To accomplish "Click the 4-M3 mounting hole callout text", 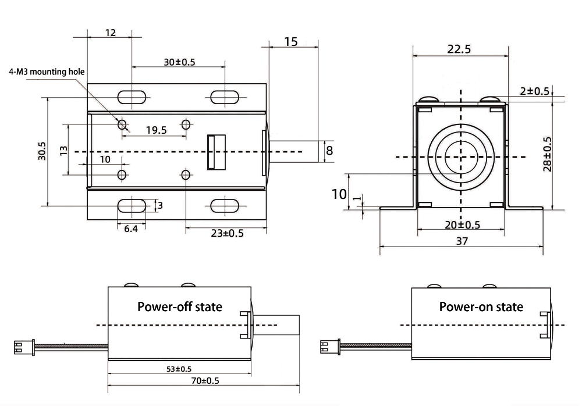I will [x=47, y=72].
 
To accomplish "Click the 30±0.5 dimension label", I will [x=179, y=62].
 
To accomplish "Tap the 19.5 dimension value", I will [x=155, y=130].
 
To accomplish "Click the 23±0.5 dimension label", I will [x=226, y=233].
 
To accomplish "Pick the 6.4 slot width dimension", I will [x=131, y=229].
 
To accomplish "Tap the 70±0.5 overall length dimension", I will [x=201, y=380].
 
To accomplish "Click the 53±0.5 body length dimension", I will [x=179, y=369].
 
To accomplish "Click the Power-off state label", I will [x=179, y=307].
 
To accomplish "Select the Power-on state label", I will [x=481, y=307].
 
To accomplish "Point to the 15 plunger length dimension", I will [x=291, y=41].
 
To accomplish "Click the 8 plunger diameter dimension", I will [x=329, y=151].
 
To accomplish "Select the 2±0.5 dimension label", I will [x=534, y=91].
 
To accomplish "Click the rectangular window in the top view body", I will [x=216, y=152].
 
